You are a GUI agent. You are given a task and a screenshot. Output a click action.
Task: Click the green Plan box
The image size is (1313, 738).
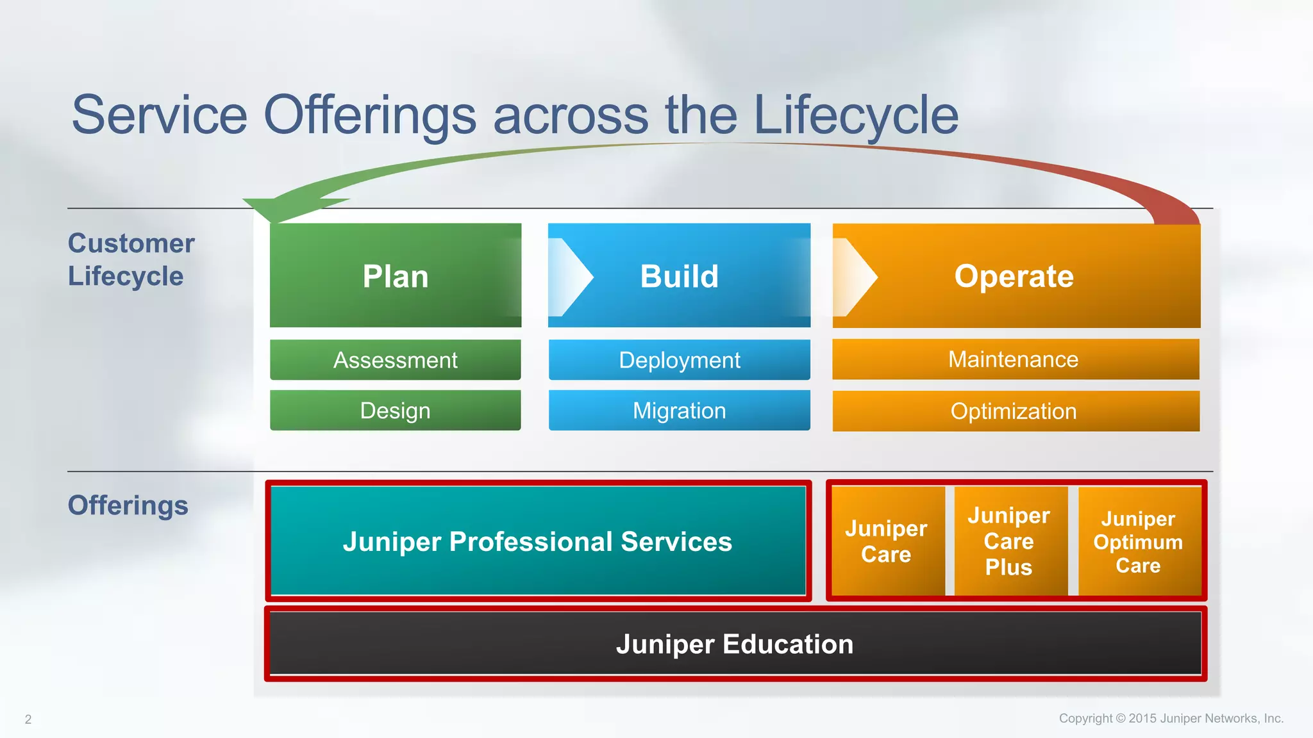395,275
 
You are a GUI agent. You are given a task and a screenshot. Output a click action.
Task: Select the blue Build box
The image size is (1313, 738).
680,275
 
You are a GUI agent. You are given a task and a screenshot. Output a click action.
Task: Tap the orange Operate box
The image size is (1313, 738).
1016,275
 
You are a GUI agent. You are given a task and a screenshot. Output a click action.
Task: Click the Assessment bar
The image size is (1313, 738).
395,359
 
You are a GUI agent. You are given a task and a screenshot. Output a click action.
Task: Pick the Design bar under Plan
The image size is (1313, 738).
395,411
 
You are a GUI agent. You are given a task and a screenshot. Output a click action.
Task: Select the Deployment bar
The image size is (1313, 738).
680,359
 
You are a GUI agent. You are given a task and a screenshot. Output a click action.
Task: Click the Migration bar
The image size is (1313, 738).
680,411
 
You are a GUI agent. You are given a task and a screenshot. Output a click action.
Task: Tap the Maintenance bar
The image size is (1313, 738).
1016,359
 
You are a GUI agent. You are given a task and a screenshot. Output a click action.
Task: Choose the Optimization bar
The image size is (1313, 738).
1016,411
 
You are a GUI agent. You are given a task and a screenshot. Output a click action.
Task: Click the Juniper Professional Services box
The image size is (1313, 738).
538,541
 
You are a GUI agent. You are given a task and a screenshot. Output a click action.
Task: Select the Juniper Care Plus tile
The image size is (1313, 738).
1010,541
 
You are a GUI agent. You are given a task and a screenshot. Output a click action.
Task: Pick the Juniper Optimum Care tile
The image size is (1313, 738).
1139,541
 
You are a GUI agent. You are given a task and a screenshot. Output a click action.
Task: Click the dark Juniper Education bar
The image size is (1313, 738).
735,644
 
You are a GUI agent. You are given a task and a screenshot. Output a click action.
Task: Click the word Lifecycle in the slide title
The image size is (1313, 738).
856,115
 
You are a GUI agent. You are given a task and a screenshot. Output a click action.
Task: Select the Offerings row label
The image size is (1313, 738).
128,505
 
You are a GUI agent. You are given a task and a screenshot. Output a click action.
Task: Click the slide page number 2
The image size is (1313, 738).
28,719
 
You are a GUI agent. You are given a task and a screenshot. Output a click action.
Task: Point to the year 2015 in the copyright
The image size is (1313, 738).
1142,718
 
